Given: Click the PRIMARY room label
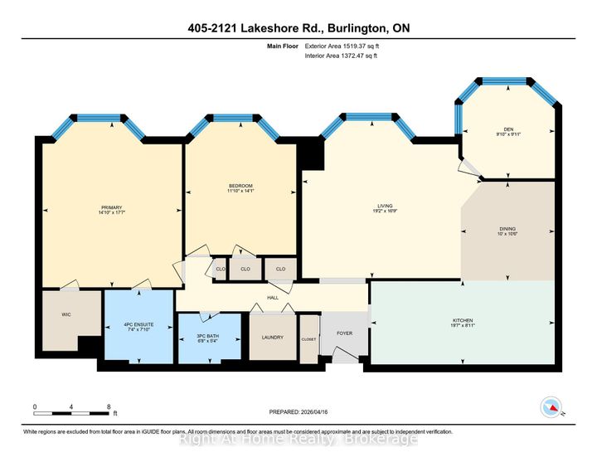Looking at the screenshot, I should (x=111, y=208).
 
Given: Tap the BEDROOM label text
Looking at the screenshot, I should (x=240, y=185).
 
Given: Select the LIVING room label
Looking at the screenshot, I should (x=384, y=206).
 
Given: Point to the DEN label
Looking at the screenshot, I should (x=509, y=129).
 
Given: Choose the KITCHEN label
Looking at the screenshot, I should (x=463, y=321).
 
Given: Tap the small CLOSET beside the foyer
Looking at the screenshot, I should (x=308, y=338).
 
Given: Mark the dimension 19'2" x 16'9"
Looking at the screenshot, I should (x=384, y=212).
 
